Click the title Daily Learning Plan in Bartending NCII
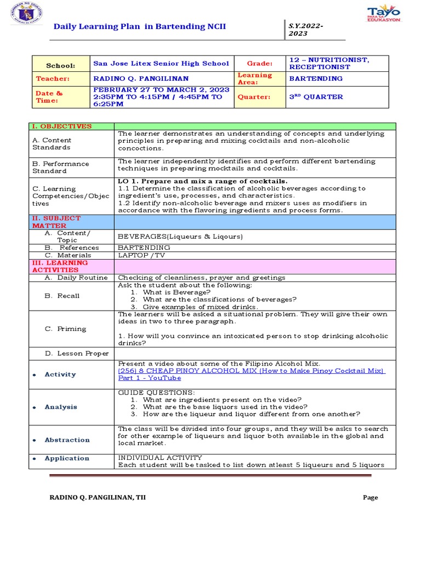[x=139, y=27]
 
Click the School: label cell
[x=60, y=65]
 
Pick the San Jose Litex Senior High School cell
[x=161, y=63]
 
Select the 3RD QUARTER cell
[x=316, y=97]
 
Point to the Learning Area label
[x=254, y=78]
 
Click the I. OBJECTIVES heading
[x=61, y=126]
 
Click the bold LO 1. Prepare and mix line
[x=202, y=181]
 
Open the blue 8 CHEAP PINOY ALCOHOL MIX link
[x=251, y=371]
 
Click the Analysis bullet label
[x=61, y=407]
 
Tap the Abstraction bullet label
[x=67, y=440]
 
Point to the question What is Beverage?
[x=177, y=293]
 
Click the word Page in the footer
[x=370, y=497]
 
